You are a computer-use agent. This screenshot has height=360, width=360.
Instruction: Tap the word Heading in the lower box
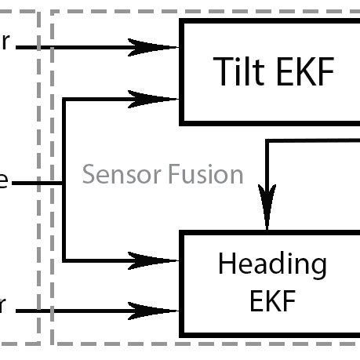click(x=271, y=264)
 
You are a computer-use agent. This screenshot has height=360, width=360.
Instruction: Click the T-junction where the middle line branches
click(x=64, y=183)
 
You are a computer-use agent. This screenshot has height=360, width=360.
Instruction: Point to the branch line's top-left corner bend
click(x=64, y=99)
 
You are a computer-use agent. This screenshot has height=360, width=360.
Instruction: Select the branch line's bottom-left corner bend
click(x=64, y=260)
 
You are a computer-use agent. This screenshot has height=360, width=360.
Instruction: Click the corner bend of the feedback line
click(x=268, y=141)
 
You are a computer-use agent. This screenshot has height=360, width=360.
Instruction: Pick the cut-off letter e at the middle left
click(x=4, y=182)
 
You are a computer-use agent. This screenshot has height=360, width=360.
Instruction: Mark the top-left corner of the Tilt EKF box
click(x=183, y=22)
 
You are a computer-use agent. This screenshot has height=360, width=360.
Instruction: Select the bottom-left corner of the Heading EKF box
click(x=183, y=333)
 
